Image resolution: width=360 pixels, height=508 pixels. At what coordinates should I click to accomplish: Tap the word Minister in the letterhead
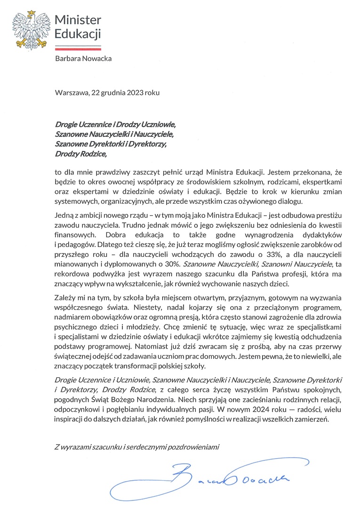coord(78,20)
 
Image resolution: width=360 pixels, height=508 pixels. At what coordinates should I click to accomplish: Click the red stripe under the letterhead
coord(78,48)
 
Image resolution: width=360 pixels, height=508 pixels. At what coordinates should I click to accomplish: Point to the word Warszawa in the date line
coord(71,93)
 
